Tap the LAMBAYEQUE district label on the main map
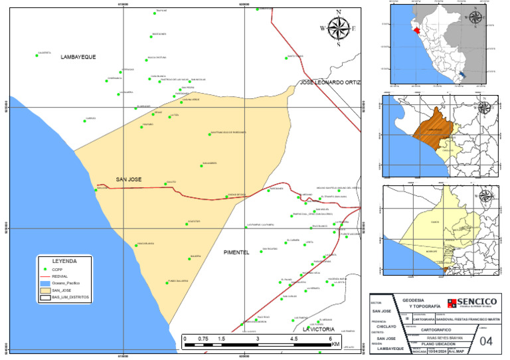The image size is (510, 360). pos(78,57)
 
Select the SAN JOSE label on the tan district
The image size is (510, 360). pos(129,179)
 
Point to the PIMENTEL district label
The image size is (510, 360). pos(232,253)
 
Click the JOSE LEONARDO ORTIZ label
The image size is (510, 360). pos(329,82)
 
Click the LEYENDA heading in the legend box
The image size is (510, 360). pos(64,261)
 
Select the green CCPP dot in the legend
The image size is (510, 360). pos(45,269)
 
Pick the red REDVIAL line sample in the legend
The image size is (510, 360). pos(45,276)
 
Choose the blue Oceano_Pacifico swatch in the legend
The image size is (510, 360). pos(45,283)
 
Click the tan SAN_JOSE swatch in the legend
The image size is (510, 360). pos(45,290)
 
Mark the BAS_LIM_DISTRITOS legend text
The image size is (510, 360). pos(70,298)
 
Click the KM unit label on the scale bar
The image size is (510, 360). pos(336,345)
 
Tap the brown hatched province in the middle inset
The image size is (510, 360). pos(432,126)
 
